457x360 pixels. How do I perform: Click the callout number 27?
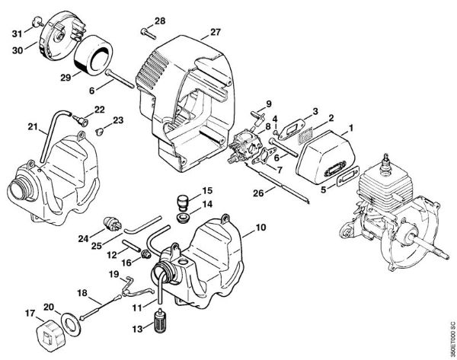pyautogui.click(x=216, y=32)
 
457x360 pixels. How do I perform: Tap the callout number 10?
pyautogui.click(x=260, y=227)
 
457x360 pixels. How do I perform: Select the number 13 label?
pyautogui.click(x=138, y=329)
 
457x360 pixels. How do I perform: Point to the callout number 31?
pyautogui.click(x=17, y=33)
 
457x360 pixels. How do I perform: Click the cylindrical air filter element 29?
pyautogui.click(x=93, y=56)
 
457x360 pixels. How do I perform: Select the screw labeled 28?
pyautogui.click(x=149, y=33)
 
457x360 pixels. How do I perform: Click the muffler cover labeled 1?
pyautogui.click(x=325, y=158)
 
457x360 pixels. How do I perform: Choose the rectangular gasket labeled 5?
pyautogui.click(x=348, y=177)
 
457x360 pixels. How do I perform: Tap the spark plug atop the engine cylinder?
pyautogui.click(x=387, y=160)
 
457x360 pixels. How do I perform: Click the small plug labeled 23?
pyautogui.click(x=99, y=132)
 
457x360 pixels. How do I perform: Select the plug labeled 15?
pyautogui.click(x=183, y=202)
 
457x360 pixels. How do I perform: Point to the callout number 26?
pyautogui.click(x=258, y=193)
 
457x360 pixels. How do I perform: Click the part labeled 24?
pyautogui.click(x=112, y=225)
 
